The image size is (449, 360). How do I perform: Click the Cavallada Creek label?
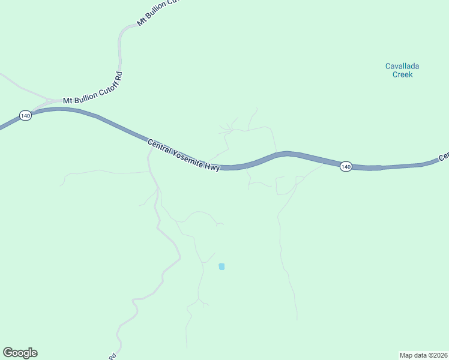403,70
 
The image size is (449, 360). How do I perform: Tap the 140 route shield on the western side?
25,115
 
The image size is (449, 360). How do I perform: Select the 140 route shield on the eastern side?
345,166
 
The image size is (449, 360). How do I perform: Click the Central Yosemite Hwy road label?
184,155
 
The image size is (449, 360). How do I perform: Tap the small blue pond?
221,266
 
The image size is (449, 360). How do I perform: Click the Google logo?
20,353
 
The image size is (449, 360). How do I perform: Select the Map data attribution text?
423,355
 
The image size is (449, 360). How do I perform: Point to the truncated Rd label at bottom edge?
112,355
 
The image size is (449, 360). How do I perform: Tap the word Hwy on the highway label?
211,167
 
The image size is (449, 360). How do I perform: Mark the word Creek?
403,75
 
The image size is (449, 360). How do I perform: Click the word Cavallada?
403,66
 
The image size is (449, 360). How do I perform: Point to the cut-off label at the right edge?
444,157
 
